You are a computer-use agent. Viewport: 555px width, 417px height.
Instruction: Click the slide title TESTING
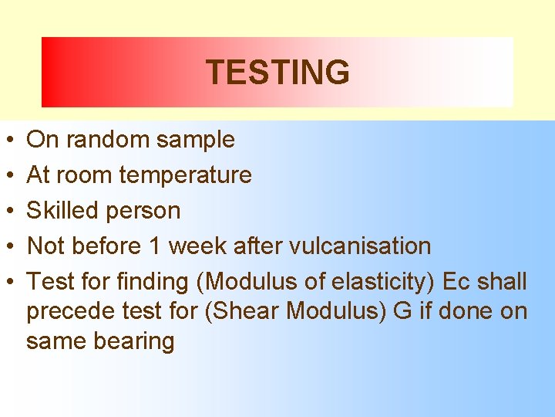[x=277, y=73]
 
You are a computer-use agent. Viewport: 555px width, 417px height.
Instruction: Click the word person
[x=146, y=211]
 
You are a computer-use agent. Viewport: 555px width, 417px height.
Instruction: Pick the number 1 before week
[x=154, y=246]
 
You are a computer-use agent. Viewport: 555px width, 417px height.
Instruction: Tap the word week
[x=195, y=246]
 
